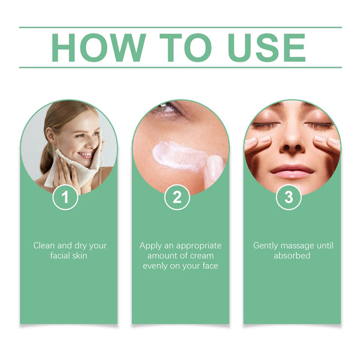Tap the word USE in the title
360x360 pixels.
pos(261,47)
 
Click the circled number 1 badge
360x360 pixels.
pos(65,197)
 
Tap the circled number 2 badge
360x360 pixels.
pos(177,197)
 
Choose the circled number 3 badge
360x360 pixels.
pos(289,197)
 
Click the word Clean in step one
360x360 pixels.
pos(44,245)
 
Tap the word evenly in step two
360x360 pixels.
pos(157,266)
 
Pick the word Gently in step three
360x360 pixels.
pos(266,245)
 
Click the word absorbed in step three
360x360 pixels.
pos(292,256)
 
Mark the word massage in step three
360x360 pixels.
pos(304,245)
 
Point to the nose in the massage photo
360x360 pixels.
pos(292,144)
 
